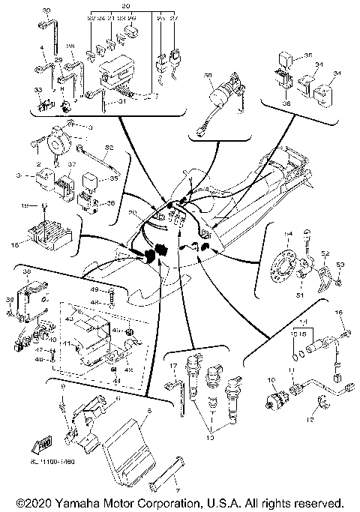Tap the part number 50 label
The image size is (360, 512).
coord(208,76)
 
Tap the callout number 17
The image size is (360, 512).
coord(172,365)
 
